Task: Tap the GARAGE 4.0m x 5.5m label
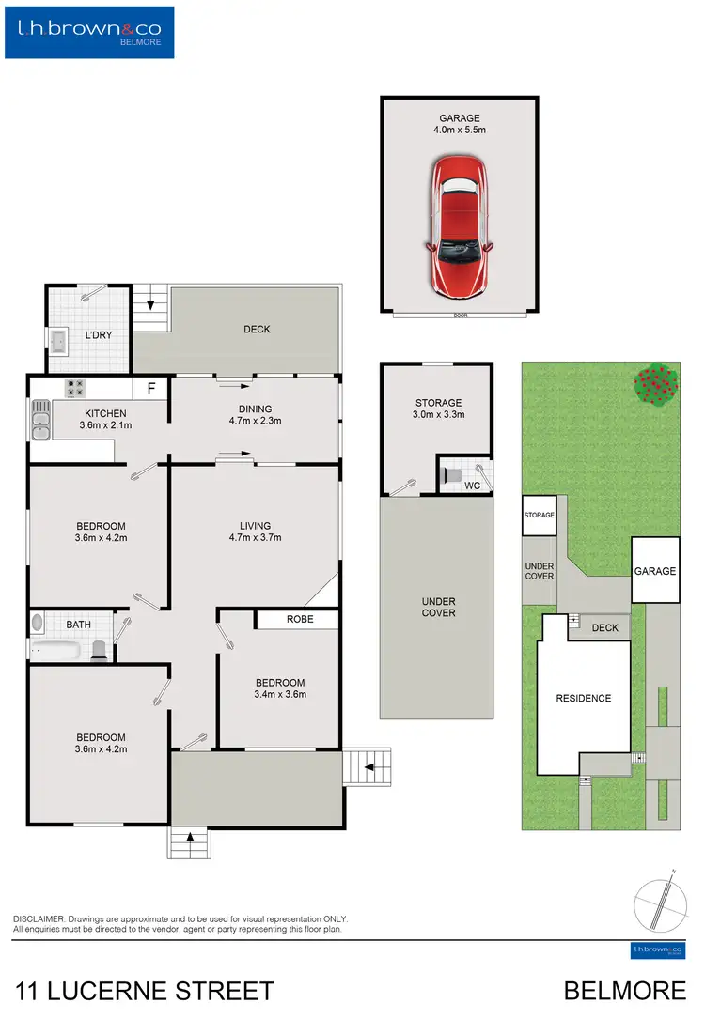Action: tap(459, 125)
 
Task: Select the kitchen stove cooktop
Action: tap(75, 387)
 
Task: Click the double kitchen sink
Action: tap(40, 420)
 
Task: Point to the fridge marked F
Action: tap(149, 387)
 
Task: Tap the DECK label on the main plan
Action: tap(257, 330)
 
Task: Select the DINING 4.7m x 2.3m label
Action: tap(255, 415)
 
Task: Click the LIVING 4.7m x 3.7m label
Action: tap(255, 532)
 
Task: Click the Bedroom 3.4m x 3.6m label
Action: tap(279, 688)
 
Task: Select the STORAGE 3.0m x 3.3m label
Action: tap(439, 409)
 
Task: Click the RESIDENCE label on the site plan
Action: tap(583, 698)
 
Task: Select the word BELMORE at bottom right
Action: tap(624, 991)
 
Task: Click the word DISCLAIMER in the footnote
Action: tap(39, 918)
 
